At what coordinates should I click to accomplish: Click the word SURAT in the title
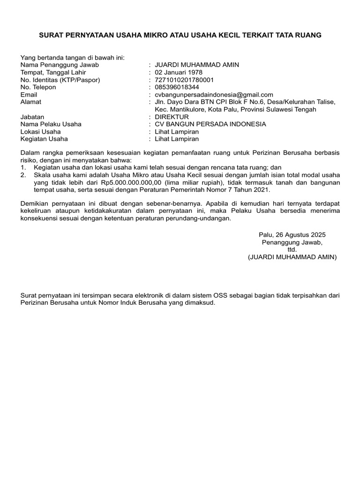[x=50, y=35]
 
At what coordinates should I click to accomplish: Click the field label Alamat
[x=30, y=102]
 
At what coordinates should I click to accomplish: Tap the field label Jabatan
[x=32, y=117]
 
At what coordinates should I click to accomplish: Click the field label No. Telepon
[x=38, y=87]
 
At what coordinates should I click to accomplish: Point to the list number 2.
[x=23, y=175]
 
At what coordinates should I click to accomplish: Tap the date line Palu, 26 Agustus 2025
[x=292, y=235]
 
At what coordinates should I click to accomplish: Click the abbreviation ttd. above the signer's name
[x=292, y=250]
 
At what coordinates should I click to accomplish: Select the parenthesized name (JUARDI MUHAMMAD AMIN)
[x=292, y=257]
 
